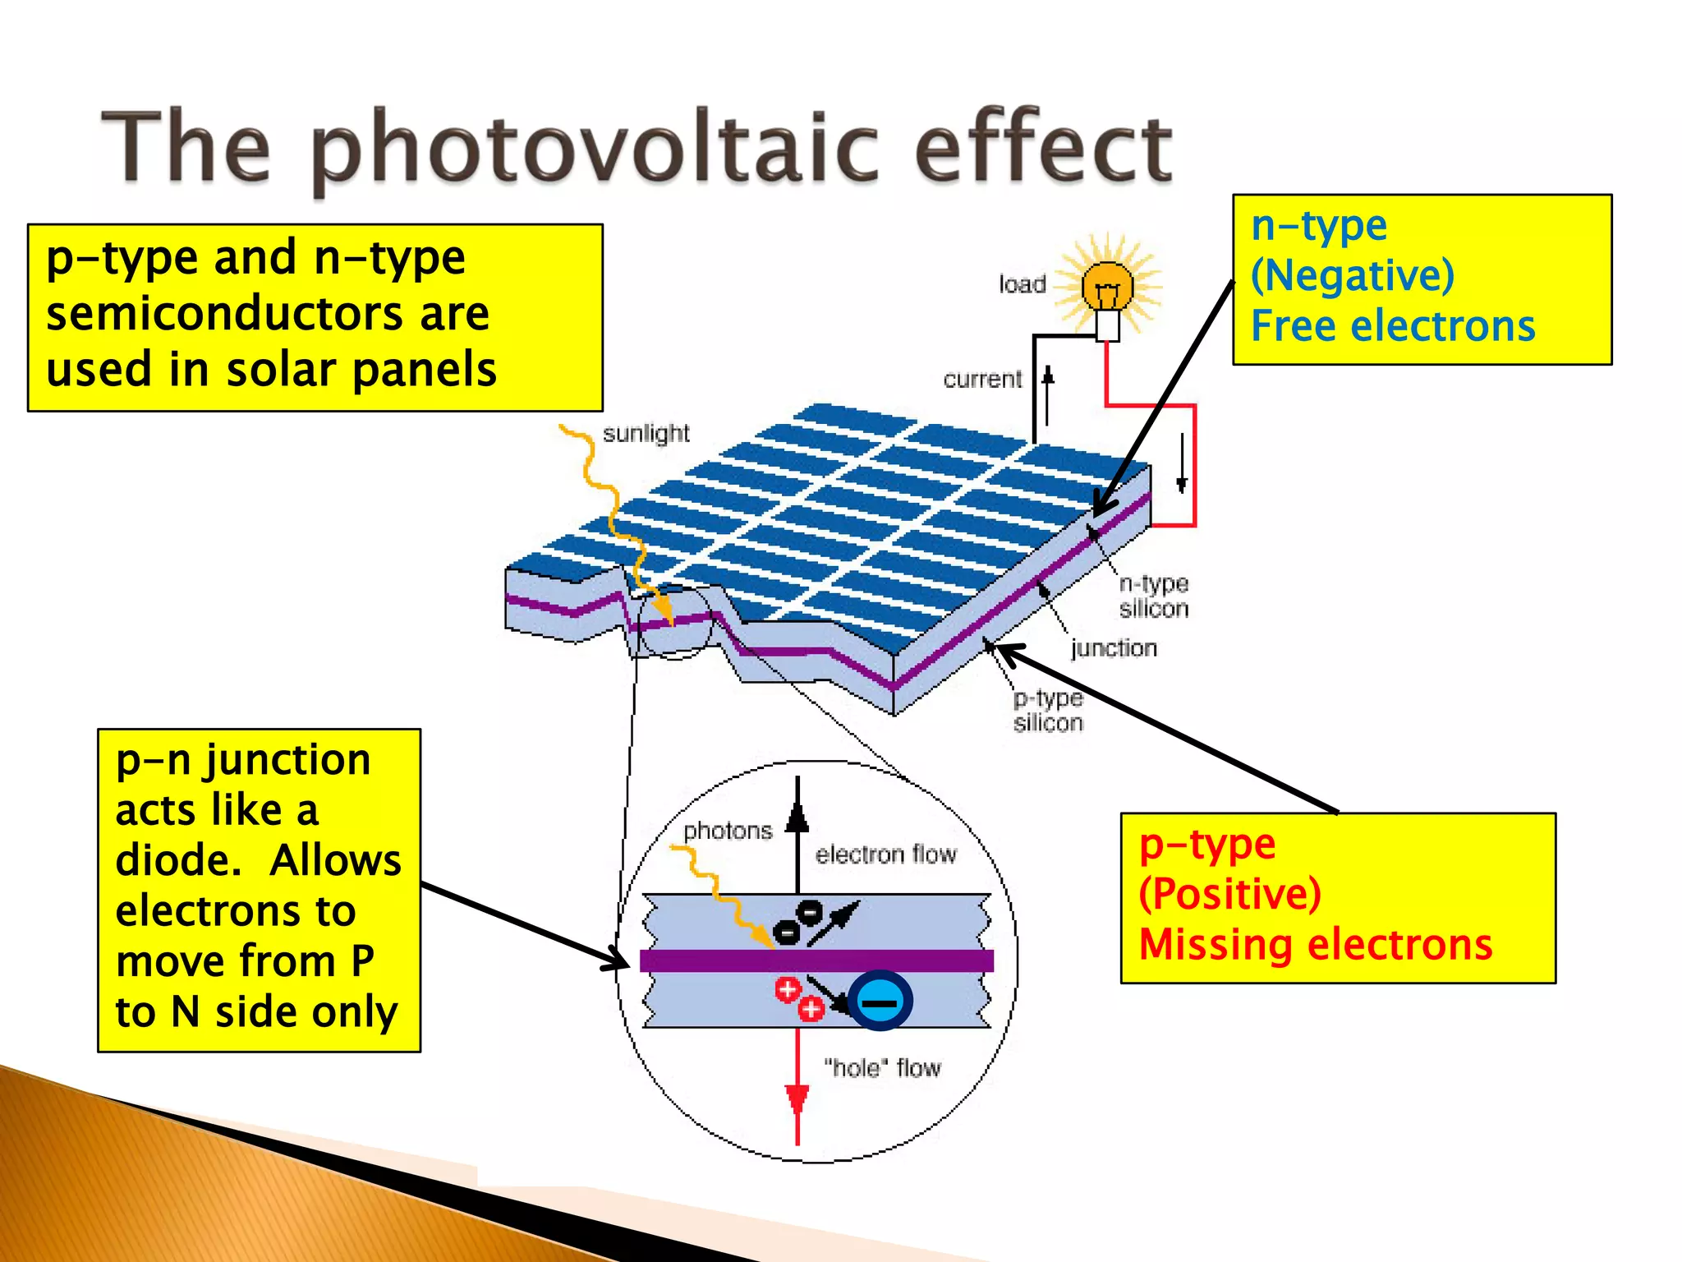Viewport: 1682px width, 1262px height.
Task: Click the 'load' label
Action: pos(1022,284)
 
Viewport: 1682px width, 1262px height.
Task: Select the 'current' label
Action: pos(982,380)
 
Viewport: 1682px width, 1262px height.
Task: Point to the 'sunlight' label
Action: pos(646,434)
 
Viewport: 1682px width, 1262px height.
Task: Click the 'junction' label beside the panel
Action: pos(1114,648)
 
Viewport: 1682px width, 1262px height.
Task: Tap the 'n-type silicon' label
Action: pos(1153,596)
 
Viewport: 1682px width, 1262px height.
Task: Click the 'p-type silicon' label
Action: pos(1048,711)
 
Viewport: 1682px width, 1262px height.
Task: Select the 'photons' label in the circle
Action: pos(728,831)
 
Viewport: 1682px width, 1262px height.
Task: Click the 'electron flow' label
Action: pos(885,854)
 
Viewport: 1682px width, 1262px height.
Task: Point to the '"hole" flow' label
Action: pos(882,1068)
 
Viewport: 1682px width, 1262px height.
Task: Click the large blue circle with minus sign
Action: pos(880,1001)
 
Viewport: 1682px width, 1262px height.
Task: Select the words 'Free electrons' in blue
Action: pos(1393,326)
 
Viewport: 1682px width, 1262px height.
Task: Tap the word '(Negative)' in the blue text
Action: pos(1352,275)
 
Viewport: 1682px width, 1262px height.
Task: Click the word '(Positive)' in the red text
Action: pos(1229,894)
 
